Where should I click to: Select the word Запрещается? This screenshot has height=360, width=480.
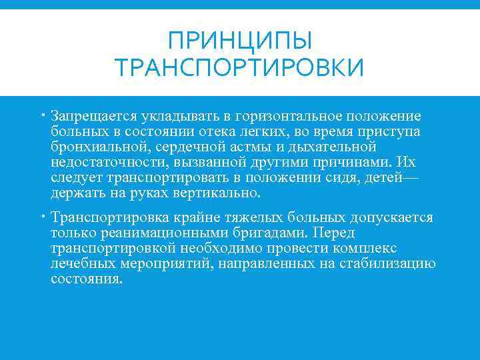click(x=91, y=117)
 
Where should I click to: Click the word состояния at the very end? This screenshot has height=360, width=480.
click(x=87, y=279)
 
